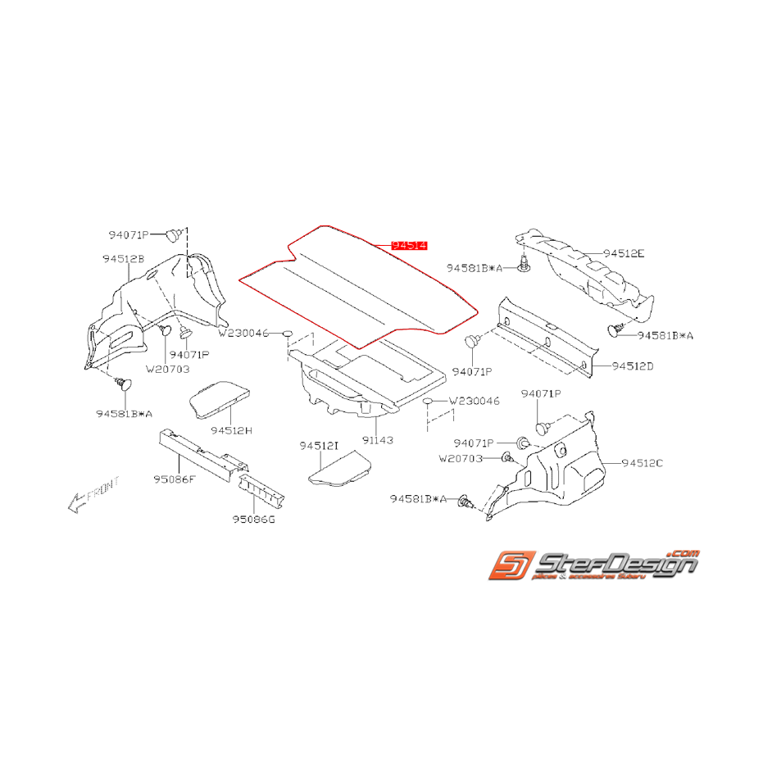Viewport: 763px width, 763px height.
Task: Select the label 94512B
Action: pyautogui.click(x=124, y=258)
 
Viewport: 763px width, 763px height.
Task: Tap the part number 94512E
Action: pyautogui.click(x=624, y=254)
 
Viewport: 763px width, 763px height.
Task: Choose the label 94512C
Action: pyautogui.click(x=643, y=463)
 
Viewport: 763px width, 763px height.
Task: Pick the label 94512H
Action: pyautogui.click(x=230, y=429)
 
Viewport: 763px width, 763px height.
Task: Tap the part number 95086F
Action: pyautogui.click(x=173, y=479)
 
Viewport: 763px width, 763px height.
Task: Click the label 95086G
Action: pyautogui.click(x=253, y=519)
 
